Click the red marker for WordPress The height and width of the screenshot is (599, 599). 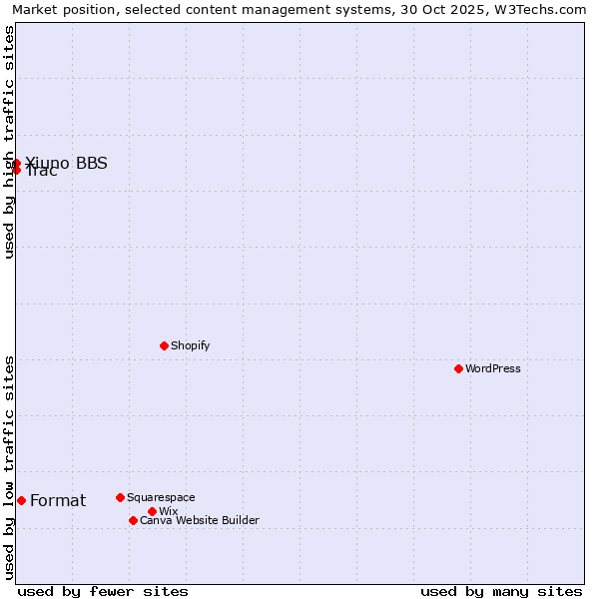click(x=458, y=368)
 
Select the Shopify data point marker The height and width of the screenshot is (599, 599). click(x=164, y=345)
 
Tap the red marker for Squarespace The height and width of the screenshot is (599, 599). click(x=120, y=497)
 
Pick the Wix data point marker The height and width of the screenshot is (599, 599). click(x=152, y=511)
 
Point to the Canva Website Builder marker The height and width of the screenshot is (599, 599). click(x=133, y=520)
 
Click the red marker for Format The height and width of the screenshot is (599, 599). click(x=21, y=500)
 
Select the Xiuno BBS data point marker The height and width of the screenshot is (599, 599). click(x=16, y=162)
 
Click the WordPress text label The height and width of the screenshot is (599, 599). click(x=493, y=368)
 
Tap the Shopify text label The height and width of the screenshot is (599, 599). click(x=190, y=345)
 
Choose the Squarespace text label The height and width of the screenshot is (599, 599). click(x=161, y=497)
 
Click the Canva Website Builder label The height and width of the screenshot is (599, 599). click(x=200, y=520)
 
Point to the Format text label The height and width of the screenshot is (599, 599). click(x=58, y=500)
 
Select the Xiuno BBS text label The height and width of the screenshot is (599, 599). click(x=66, y=163)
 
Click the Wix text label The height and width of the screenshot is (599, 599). click(x=168, y=511)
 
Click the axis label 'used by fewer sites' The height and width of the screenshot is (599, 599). click(x=103, y=591)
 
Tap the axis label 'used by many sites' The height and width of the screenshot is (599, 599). click(x=501, y=591)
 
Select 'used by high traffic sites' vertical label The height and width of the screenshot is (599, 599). click(x=9, y=142)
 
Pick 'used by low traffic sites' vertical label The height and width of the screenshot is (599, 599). click(x=9, y=467)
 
